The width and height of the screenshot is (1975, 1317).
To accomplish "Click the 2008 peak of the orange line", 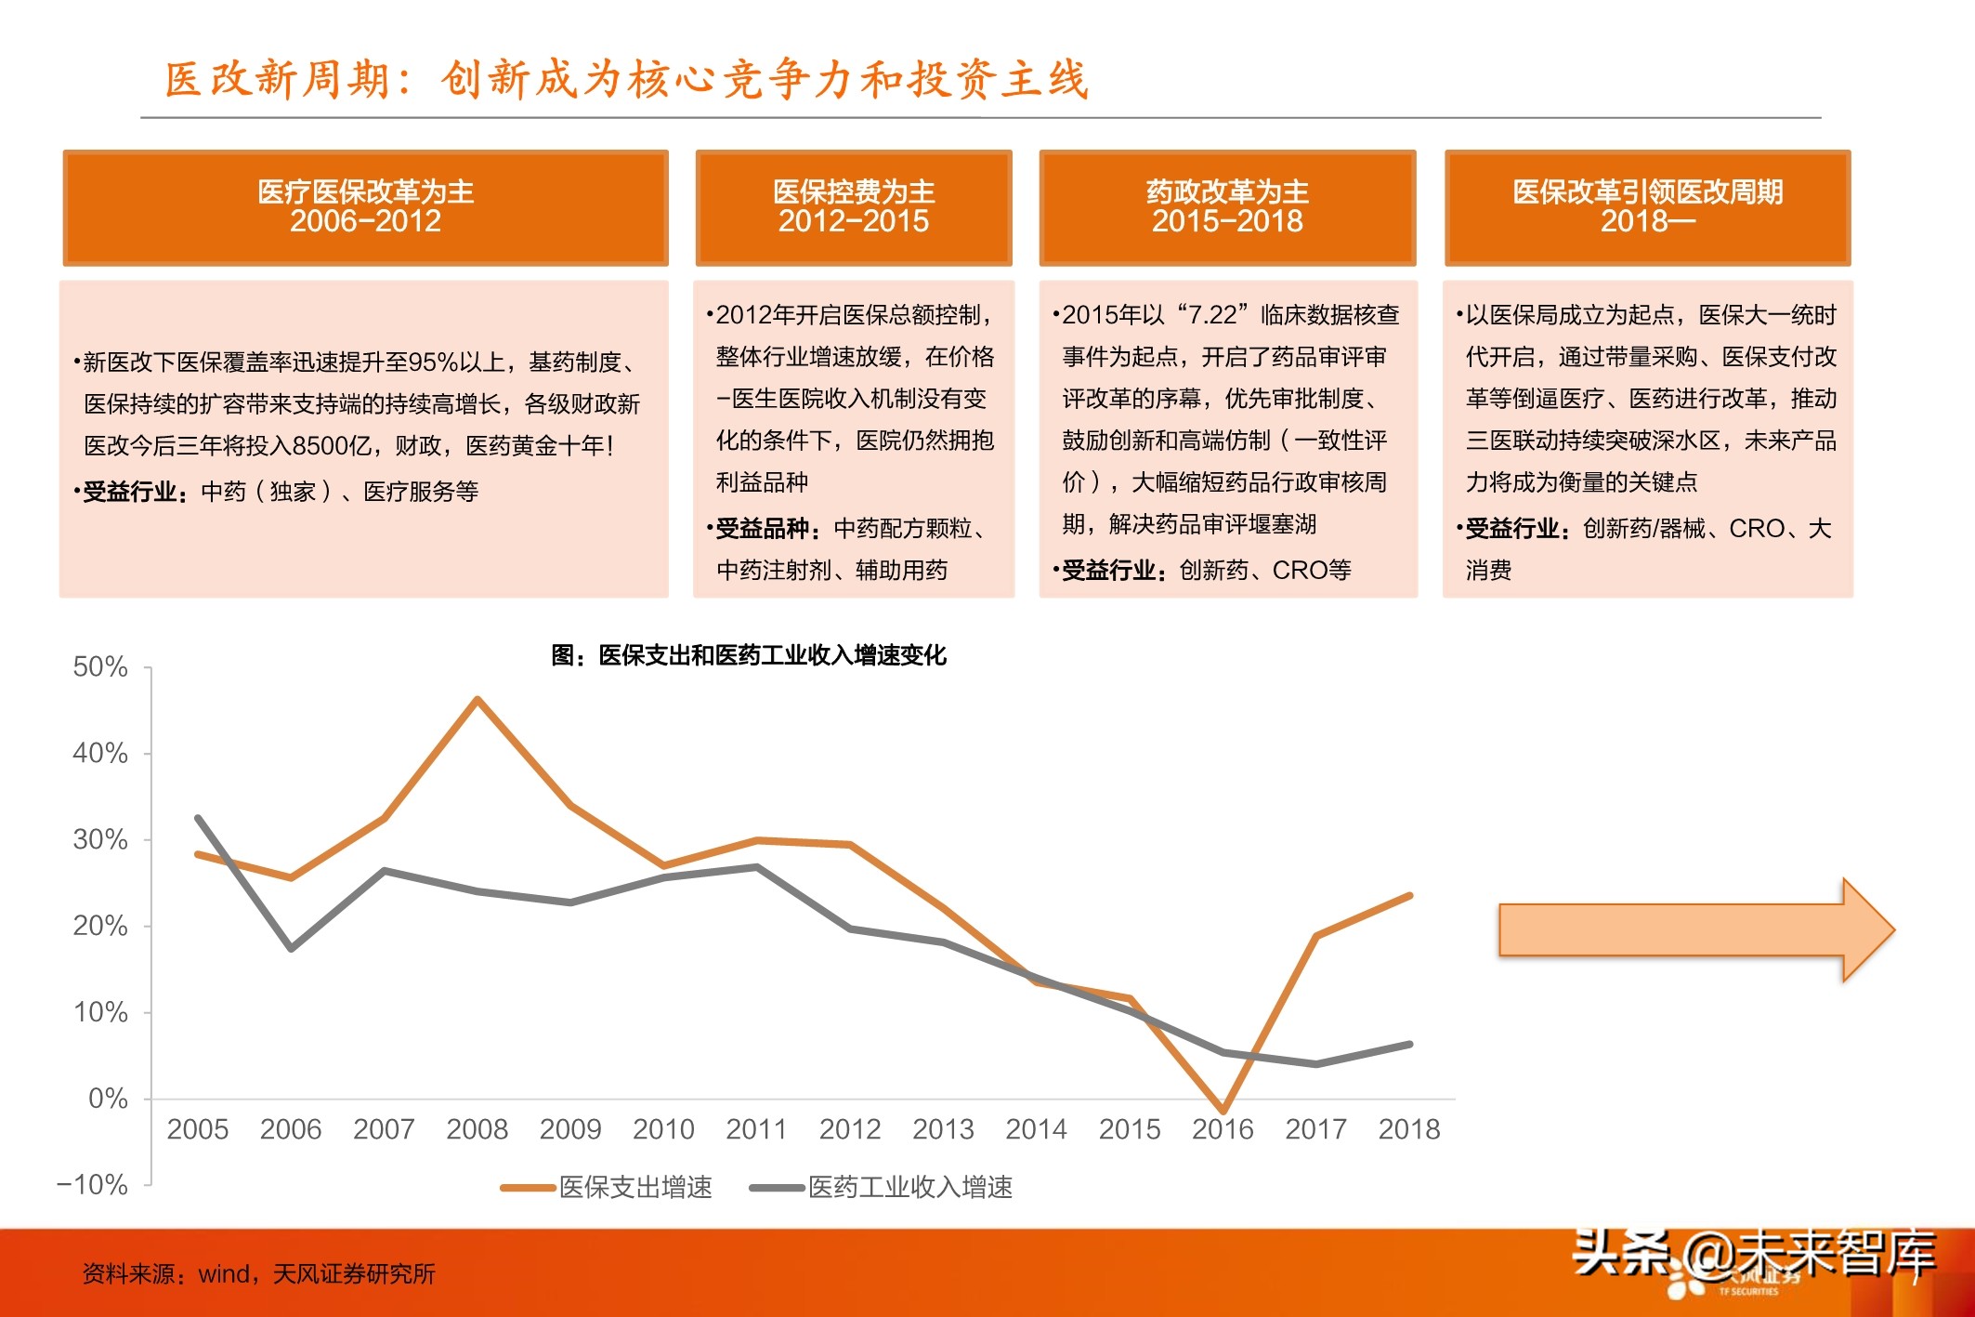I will point(477,699).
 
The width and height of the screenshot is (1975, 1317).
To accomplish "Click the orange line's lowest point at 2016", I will point(1223,1110).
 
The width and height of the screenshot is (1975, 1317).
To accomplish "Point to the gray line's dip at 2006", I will point(291,948).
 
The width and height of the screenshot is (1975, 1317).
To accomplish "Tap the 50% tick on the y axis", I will point(100,666).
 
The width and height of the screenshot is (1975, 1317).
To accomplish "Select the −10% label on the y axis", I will point(92,1184).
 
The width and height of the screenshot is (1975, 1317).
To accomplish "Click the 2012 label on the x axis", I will point(849,1129).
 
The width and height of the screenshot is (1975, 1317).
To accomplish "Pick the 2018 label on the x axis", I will point(1408,1129).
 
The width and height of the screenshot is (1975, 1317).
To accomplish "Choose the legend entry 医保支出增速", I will point(634,1187).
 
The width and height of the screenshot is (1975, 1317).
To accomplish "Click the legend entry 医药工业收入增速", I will point(909,1187).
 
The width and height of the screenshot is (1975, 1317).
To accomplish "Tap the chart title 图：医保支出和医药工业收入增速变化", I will point(749,655).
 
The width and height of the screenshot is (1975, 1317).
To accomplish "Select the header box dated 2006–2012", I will point(365,207).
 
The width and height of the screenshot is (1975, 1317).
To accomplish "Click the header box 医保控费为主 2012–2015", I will point(853,207).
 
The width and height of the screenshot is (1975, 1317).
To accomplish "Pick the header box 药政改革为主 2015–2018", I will point(1227,207).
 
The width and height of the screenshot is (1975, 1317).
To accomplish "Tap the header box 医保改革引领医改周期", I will point(1647,207).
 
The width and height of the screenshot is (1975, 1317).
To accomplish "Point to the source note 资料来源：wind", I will point(258,1273).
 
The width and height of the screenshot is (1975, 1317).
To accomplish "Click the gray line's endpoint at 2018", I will point(1409,1045).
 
